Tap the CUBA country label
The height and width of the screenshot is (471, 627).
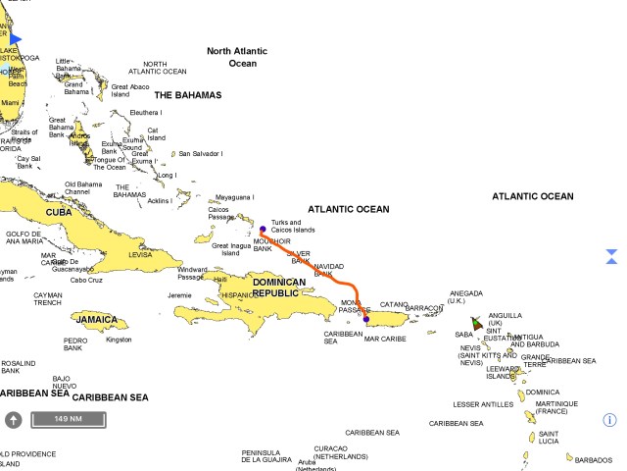[60, 212]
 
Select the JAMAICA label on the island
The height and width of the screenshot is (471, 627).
[98, 320]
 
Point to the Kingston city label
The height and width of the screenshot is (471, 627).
[119, 340]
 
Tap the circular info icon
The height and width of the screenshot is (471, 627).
[609, 420]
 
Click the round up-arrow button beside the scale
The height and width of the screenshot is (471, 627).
[14, 420]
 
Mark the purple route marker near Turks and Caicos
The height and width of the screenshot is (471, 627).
[263, 230]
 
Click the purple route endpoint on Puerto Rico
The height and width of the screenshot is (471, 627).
[366, 319]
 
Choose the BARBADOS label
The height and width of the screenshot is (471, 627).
[594, 460]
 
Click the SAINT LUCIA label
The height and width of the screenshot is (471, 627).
[549, 438]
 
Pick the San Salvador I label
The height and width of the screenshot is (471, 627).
[200, 154]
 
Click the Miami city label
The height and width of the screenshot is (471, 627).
[11, 103]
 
